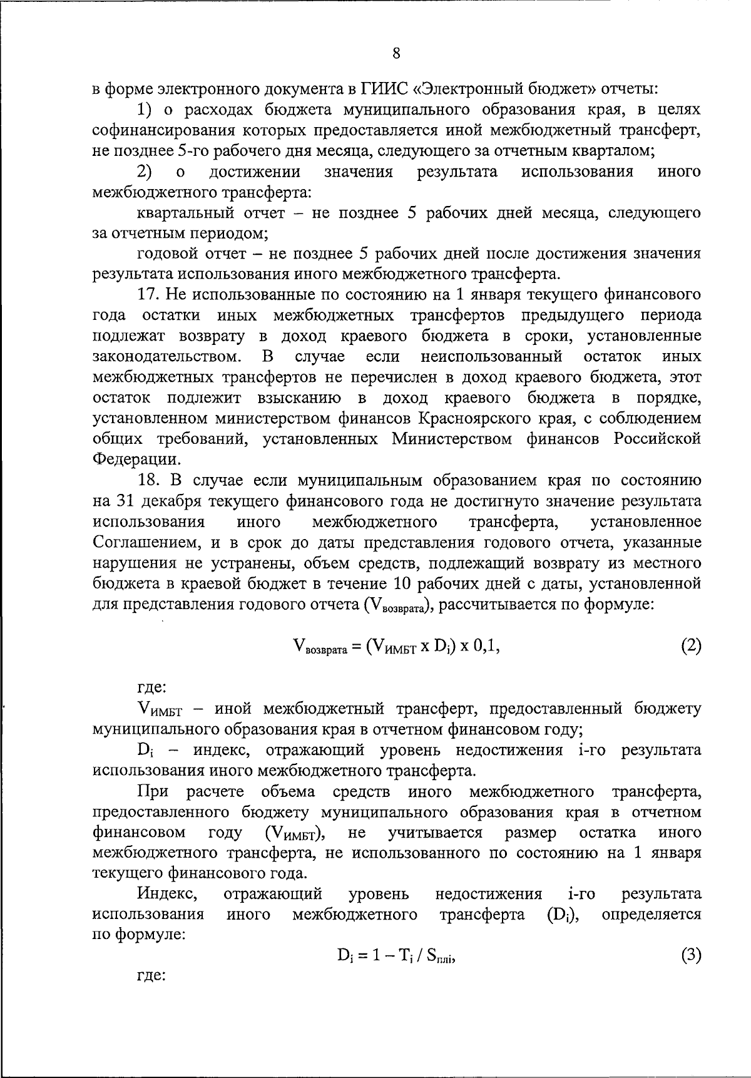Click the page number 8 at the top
click(396, 53)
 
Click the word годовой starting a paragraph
click(168, 254)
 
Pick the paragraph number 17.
click(149, 294)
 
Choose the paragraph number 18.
click(149, 480)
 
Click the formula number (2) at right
click(691, 646)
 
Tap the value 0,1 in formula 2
click(486, 646)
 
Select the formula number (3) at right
click(691, 955)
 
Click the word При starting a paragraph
click(153, 791)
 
